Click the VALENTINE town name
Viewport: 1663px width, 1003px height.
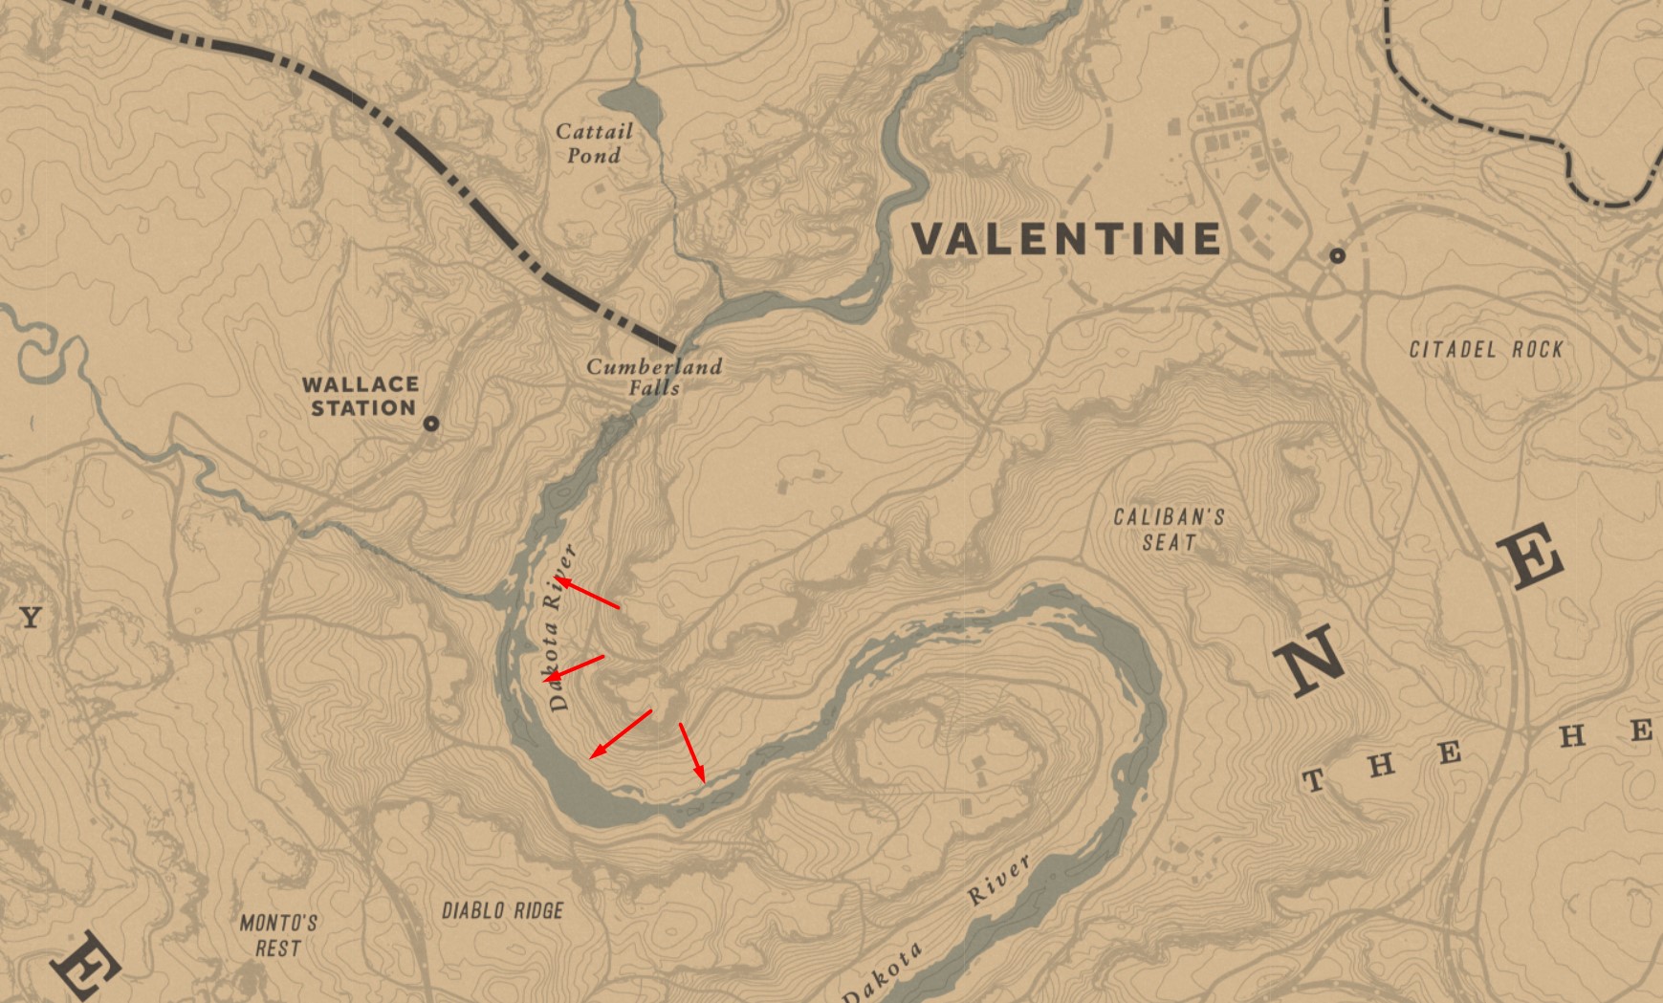(x=1066, y=239)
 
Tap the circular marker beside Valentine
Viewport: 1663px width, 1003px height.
(x=1337, y=255)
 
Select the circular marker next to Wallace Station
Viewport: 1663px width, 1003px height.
(x=431, y=423)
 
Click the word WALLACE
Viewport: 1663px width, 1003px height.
(x=361, y=384)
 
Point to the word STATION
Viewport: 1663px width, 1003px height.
(x=363, y=408)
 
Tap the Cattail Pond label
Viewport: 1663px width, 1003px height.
(x=594, y=143)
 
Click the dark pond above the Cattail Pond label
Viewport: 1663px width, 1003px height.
(x=632, y=101)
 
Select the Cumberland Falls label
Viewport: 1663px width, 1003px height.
(x=654, y=377)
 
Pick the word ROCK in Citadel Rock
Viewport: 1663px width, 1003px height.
(x=1538, y=350)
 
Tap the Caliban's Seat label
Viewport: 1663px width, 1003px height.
(x=1169, y=530)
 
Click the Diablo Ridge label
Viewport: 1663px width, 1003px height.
(x=502, y=911)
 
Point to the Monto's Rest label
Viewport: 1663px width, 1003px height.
(x=278, y=936)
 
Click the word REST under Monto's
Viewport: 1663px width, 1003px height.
(x=278, y=948)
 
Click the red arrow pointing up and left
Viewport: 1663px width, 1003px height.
(x=589, y=594)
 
